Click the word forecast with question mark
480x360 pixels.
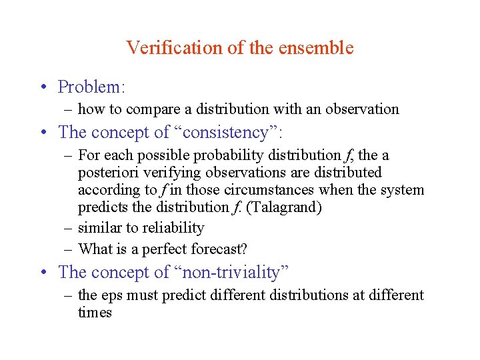tap(221, 249)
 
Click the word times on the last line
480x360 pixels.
tap(95, 313)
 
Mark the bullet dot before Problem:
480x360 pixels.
tap(42, 88)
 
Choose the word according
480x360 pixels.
tap(106, 190)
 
